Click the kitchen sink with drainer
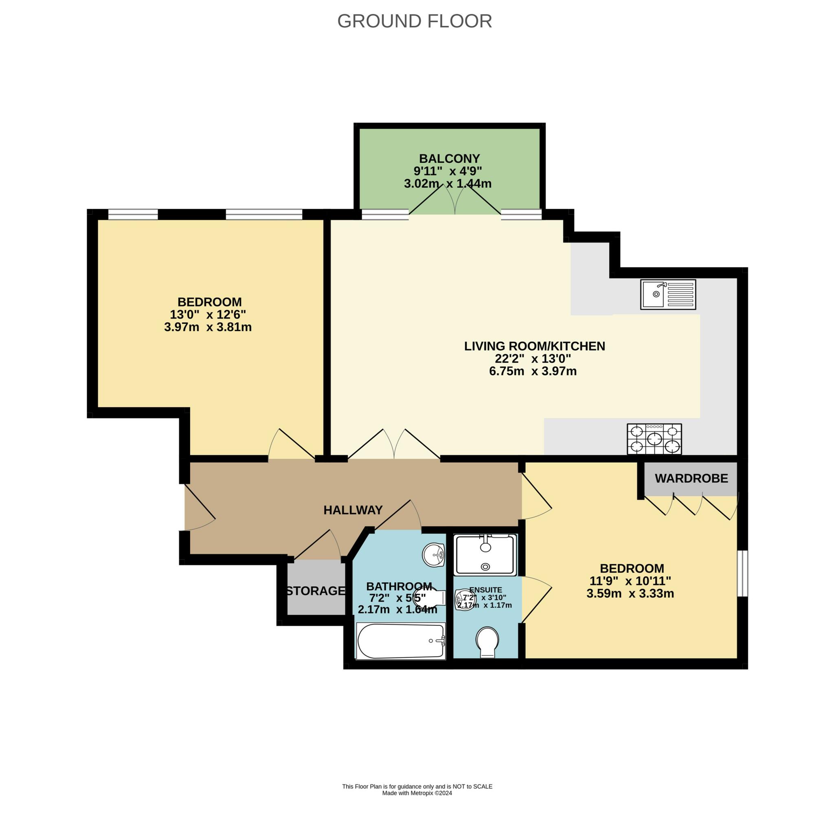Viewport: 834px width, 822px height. pyautogui.click(x=668, y=295)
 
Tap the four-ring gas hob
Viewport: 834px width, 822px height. pyautogui.click(x=654, y=439)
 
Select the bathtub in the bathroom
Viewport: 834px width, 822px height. pyautogui.click(x=401, y=641)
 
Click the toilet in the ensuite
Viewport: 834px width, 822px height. pyautogui.click(x=487, y=642)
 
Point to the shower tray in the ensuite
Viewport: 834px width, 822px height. pyautogui.click(x=486, y=555)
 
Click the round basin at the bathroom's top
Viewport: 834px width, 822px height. pyautogui.click(x=434, y=555)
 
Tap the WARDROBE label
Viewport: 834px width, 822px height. pyautogui.click(x=691, y=478)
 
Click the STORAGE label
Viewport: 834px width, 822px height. pyautogui.click(x=316, y=591)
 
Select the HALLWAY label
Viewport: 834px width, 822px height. pyautogui.click(x=353, y=510)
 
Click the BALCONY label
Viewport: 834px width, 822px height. pyautogui.click(x=450, y=158)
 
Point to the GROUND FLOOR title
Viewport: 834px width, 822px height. pyautogui.click(x=415, y=21)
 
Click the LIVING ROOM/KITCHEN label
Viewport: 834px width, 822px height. pyautogui.click(x=534, y=346)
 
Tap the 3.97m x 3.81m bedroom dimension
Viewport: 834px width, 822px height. pyautogui.click(x=208, y=327)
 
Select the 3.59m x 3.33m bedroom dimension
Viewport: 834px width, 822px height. pyautogui.click(x=630, y=593)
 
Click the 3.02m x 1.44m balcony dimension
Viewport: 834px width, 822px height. pyautogui.click(x=448, y=183)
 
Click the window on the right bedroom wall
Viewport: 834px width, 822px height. pyautogui.click(x=742, y=574)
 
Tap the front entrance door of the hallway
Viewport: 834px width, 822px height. pyautogui.click(x=200, y=507)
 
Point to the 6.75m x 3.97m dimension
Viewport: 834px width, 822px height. pyautogui.click(x=533, y=371)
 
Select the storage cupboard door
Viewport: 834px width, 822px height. pyautogui.click(x=317, y=545)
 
